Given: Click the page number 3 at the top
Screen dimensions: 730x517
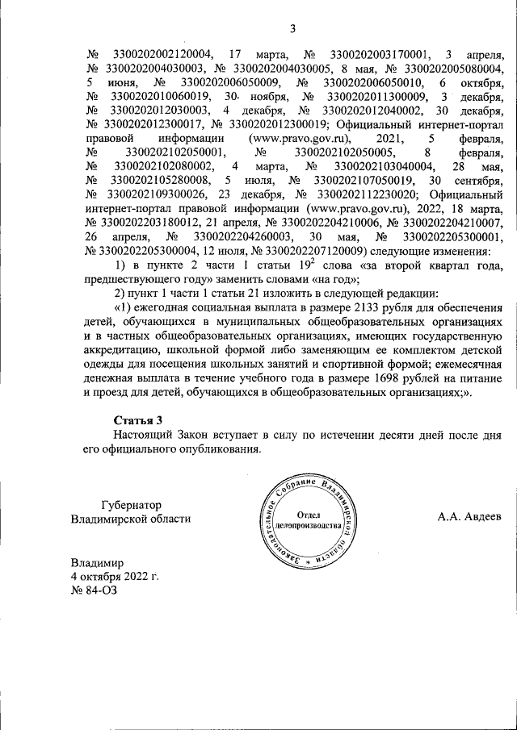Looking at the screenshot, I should pos(293,30).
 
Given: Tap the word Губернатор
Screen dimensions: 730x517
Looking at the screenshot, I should pos(133,503).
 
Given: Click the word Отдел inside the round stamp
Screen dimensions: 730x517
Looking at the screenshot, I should pos(309,514).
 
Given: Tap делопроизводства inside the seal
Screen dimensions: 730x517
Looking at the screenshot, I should pos(309,525).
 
